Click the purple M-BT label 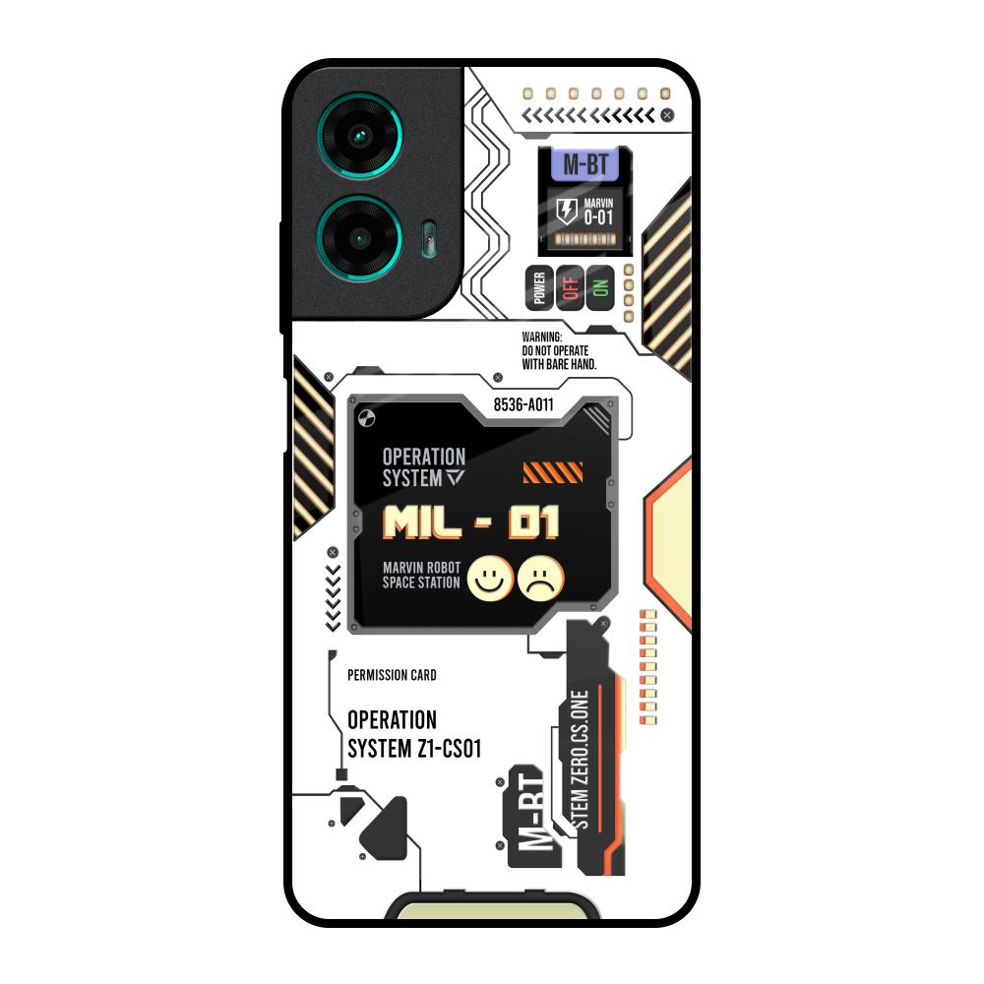(584, 164)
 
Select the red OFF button (569, 288)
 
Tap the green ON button (600, 288)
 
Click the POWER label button (538, 288)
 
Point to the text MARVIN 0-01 (598, 212)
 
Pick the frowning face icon (540, 579)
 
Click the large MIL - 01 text (470, 523)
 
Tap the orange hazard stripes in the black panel (552, 472)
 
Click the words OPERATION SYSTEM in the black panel (423, 467)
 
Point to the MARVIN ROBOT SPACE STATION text (421, 576)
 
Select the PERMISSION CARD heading (392, 675)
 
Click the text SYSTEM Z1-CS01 (414, 748)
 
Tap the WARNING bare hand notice (558, 350)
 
